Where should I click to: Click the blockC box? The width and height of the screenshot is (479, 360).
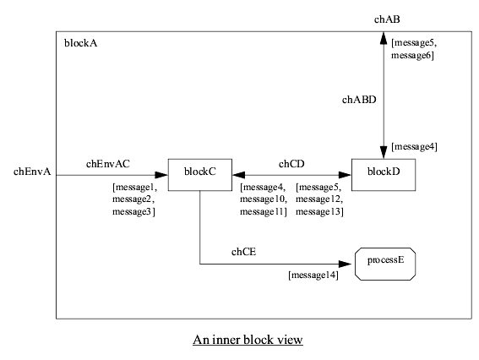[199, 172]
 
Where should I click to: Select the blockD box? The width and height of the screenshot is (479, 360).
[383, 172]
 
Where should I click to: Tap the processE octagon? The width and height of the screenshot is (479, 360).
[385, 263]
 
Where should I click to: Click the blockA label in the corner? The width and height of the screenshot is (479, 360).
[80, 44]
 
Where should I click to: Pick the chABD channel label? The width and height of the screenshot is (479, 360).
[359, 100]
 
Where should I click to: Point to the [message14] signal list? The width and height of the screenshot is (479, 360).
[313, 275]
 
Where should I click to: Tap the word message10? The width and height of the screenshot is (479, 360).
[264, 199]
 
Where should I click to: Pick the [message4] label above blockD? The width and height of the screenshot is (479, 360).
[414, 147]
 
